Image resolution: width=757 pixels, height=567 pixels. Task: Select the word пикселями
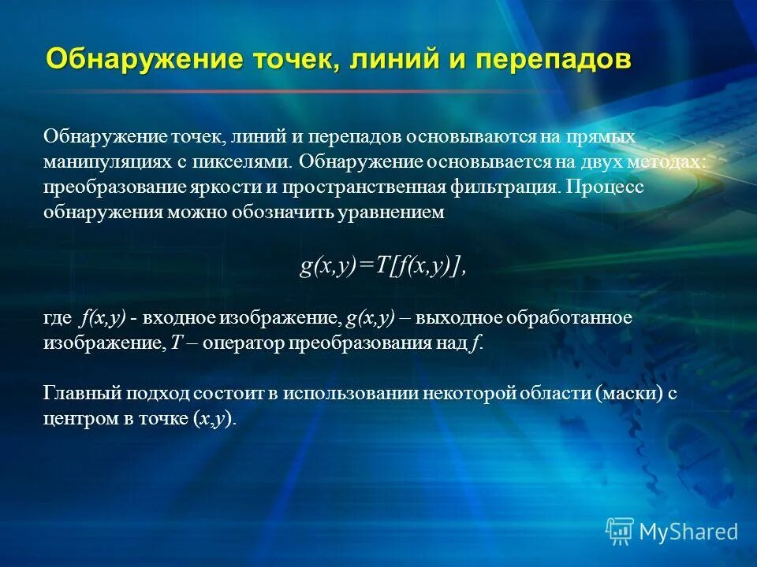[250, 161]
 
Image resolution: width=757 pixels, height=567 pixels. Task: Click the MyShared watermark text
[688, 532]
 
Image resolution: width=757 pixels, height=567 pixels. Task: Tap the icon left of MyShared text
[619, 531]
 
